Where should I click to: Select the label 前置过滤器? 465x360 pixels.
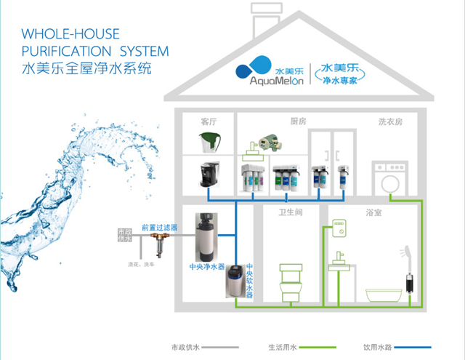158,227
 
